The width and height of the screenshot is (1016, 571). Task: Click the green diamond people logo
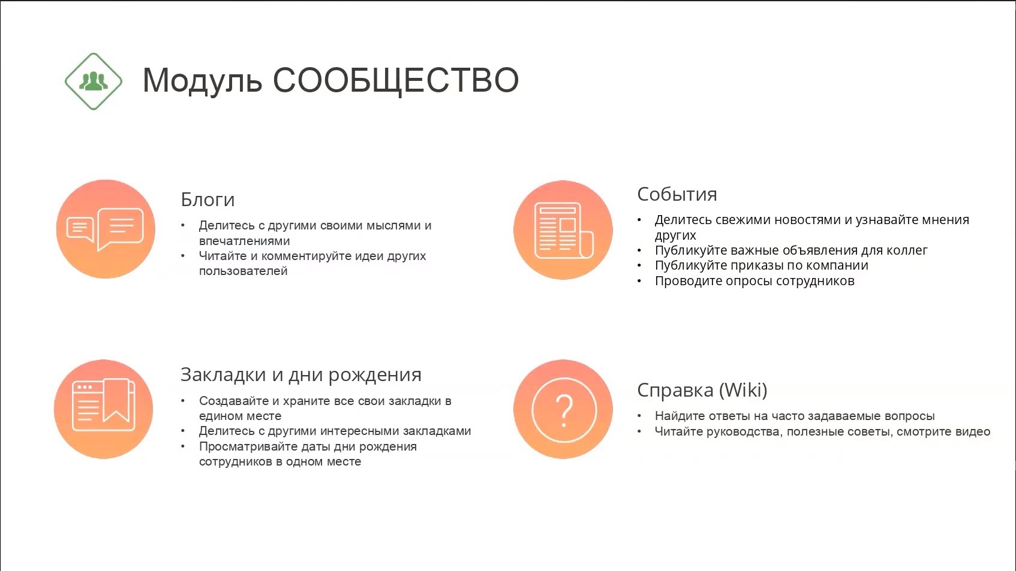coord(94,81)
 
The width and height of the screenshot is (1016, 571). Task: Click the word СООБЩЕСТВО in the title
coord(395,81)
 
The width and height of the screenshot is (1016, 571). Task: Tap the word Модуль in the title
coord(202,81)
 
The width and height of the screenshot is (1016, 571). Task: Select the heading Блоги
coord(208,200)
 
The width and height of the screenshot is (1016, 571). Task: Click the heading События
coord(677,194)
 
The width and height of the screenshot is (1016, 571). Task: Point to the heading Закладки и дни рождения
coord(300,375)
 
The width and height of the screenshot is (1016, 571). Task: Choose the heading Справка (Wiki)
coord(702,390)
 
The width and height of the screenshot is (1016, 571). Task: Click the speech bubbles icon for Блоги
coord(105,229)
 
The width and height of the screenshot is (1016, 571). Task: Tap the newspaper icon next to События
coord(563,229)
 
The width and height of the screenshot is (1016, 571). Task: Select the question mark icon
coord(563,409)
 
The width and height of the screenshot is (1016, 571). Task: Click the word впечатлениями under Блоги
coord(244,241)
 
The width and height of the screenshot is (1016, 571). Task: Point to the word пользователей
coord(243,271)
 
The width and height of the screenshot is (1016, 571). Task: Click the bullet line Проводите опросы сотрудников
coord(755,281)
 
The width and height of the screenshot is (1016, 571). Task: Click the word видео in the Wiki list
coord(972,432)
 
